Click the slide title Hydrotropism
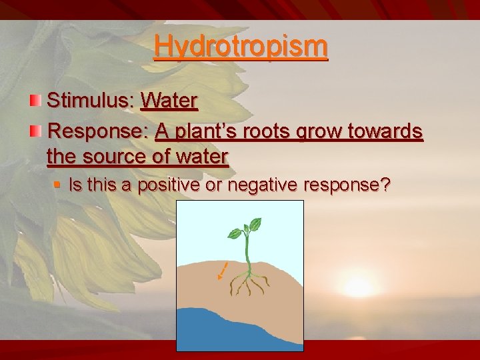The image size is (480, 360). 241,47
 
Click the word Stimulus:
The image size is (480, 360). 91,101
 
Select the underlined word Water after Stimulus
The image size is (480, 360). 169,101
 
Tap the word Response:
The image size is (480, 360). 98,131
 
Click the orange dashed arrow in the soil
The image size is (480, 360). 223,271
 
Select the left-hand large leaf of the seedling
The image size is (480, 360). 234,233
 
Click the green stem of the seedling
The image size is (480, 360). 247,253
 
